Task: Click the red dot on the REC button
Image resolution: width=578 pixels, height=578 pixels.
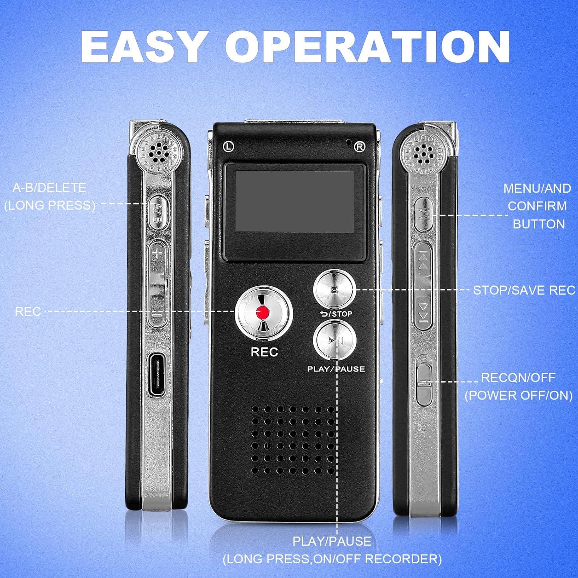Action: (x=264, y=313)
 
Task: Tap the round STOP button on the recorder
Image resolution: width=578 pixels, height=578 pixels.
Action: (x=334, y=290)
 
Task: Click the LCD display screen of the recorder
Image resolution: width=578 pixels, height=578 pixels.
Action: (x=294, y=202)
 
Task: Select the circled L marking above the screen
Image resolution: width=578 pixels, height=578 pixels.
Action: (x=229, y=146)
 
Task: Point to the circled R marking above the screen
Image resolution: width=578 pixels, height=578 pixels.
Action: (x=359, y=146)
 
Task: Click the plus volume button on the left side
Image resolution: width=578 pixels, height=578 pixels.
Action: (x=156, y=254)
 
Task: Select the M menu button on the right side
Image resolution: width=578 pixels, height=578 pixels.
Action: (x=423, y=214)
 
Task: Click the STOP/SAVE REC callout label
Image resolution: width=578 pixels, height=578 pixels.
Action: (x=524, y=290)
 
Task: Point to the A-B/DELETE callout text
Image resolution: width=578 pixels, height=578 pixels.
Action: (x=49, y=188)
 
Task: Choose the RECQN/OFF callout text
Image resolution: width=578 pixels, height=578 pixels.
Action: (x=518, y=378)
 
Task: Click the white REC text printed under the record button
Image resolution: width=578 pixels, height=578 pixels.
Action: (x=264, y=352)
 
